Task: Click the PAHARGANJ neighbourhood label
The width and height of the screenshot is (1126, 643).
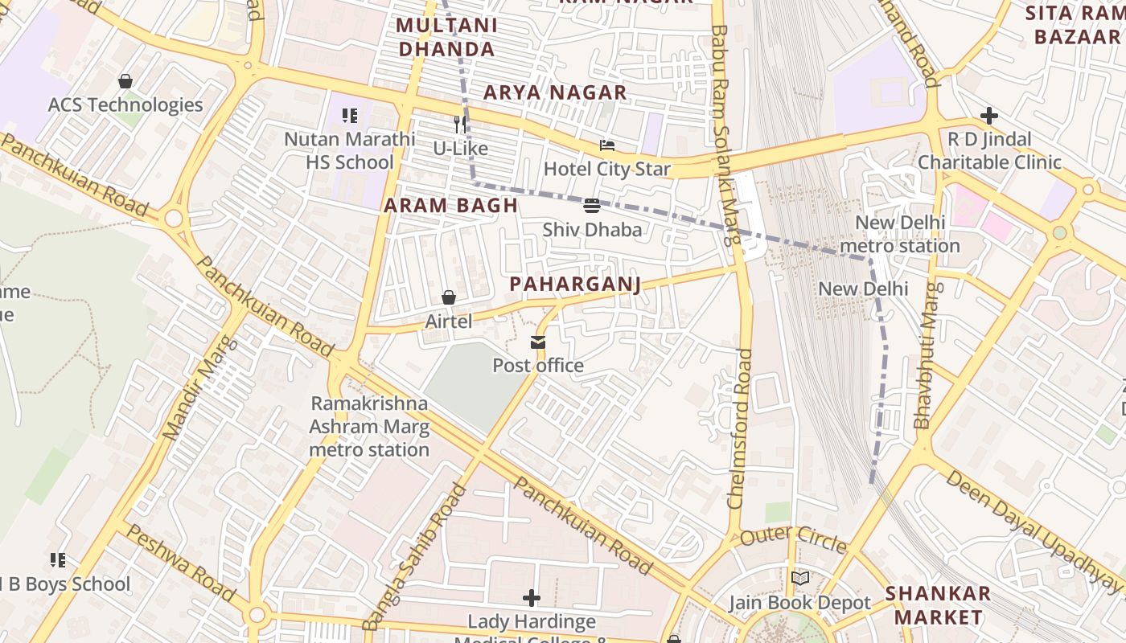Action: coord(575,284)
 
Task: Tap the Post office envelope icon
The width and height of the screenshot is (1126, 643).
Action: coord(538,343)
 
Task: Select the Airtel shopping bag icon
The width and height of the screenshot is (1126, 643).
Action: coord(449,298)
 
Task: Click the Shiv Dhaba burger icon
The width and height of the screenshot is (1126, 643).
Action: coord(592,206)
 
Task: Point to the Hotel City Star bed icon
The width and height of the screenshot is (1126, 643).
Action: coord(607,145)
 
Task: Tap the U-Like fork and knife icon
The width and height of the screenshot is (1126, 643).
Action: coord(460,125)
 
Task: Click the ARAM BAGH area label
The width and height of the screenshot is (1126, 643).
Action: coord(450,205)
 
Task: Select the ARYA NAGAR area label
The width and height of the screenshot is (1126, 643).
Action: coord(554,92)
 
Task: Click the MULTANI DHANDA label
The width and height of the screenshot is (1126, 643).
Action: coord(446,37)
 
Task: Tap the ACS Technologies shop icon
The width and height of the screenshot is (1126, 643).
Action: coord(125,81)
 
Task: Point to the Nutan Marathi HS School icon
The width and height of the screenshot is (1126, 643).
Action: coord(350,116)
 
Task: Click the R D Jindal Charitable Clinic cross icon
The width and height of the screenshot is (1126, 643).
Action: coord(989,116)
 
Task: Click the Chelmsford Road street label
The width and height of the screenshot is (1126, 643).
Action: coord(739,428)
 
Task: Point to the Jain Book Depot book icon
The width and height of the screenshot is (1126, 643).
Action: coord(799,579)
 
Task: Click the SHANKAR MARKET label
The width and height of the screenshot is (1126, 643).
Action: coord(938,605)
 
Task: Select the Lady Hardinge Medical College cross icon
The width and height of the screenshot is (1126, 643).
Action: coord(532,598)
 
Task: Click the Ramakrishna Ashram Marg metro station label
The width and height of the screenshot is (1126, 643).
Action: coord(369,426)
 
